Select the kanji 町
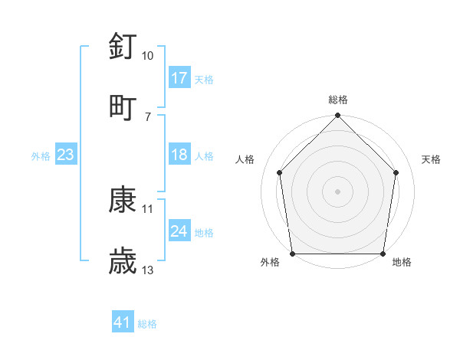[123, 106]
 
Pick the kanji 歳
[123, 261]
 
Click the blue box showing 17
[179, 77]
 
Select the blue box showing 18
[179, 155]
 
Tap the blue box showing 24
[179, 231]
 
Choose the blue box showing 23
[66, 155]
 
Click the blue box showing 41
[123, 322]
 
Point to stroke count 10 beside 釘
[147, 56]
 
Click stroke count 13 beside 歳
[147, 270]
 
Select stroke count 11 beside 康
[147, 208]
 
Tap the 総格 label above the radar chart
[338, 100]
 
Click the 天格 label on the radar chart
[431, 159]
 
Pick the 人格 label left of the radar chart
[245, 159]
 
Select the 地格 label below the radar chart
[402, 263]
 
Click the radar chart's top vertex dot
[338, 116]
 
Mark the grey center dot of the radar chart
[338, 191]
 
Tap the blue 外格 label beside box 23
[41, 155]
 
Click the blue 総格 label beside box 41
[147, 324]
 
